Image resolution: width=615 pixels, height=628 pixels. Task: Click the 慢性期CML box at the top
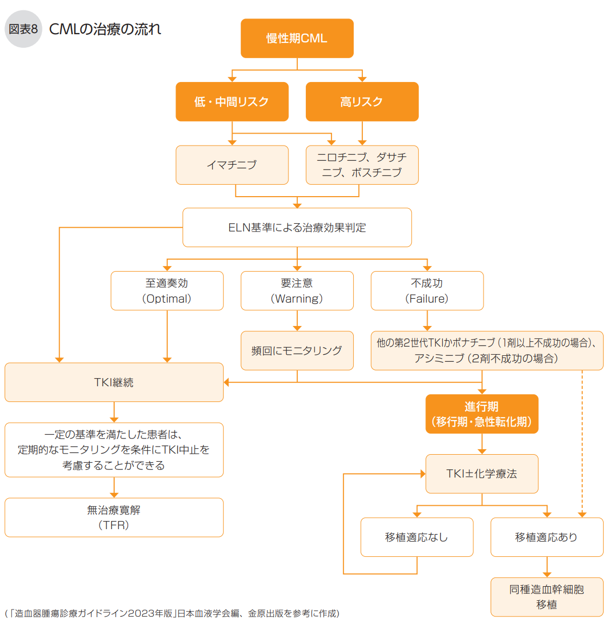click(297, 39)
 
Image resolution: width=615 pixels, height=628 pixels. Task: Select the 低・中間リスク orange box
click(232, 102)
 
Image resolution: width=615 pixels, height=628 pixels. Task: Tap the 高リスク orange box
click(362, 102)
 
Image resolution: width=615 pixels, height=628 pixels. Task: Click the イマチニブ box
click(232, 165)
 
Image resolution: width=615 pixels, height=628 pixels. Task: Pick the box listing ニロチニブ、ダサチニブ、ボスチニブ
click(362, 165)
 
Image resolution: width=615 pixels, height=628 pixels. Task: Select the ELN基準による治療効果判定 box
click(297, 228)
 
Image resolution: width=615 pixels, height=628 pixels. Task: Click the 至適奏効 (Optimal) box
click(167, 291)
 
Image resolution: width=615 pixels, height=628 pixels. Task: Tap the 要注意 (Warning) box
click(297, 291)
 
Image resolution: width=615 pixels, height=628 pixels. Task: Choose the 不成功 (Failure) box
click(427, 291)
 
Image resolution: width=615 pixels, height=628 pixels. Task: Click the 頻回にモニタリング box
click(297, 351)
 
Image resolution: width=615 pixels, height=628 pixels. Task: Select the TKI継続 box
click(114, 382)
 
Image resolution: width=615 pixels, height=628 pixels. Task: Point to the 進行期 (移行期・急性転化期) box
click(482, 414)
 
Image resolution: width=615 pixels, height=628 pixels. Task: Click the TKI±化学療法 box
click(482, 474)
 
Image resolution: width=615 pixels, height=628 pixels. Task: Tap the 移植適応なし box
click(417, 537)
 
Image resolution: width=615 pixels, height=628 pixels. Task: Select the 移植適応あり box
click(547, 537)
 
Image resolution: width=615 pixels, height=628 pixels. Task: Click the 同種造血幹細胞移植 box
click(547, 597)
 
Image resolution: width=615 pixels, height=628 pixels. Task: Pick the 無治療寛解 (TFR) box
click(114, 517)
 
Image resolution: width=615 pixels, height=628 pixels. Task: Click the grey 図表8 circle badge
click(23, 29)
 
